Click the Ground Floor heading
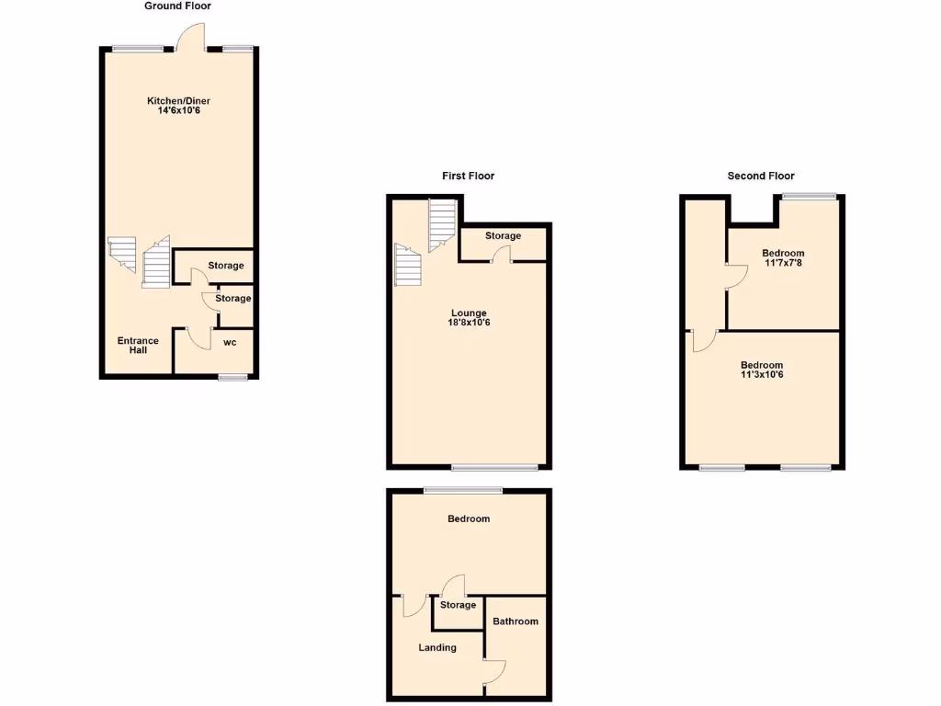click(177, 6)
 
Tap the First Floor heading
click(469, 176)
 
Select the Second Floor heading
click(761, 176)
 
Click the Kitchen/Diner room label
click(173, 101)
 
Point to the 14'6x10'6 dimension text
click(173, 111)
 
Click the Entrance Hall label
click(138, 346)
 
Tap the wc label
click(230, 343)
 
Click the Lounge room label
click(469, 313)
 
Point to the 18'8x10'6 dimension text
click(469, 323)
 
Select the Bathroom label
click(516, 621)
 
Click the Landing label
click(437, 647)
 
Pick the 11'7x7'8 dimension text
click(783, 263)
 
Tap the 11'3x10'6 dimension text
click(762, 375)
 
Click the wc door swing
click(198, 339)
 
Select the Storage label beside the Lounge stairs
click(504, 236)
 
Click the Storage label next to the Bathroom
click(458, 605)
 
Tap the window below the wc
click(232, 377)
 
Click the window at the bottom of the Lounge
click(494, 468)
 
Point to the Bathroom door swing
click(495, 674)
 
